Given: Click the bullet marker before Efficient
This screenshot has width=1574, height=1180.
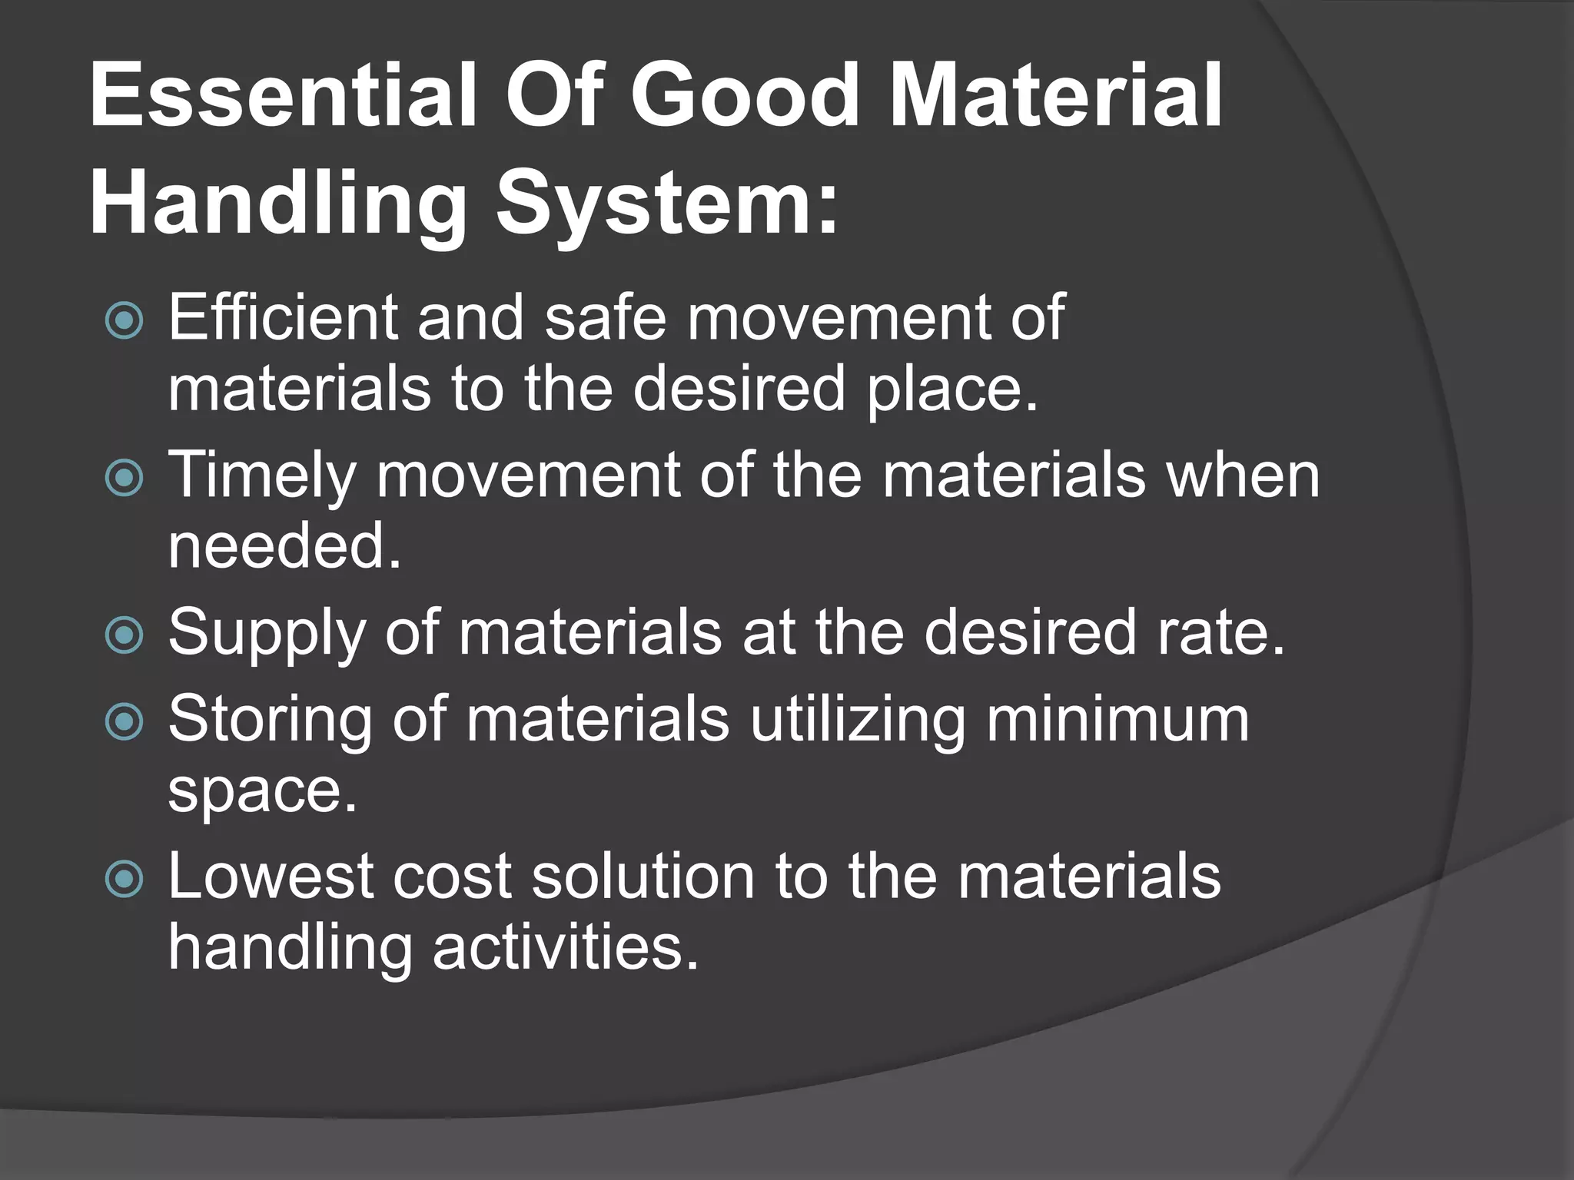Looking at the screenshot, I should (x=124, y=320).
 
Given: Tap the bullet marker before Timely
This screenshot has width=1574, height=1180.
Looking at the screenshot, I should (x=124, y=478).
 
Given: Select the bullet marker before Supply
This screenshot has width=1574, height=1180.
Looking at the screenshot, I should (x=124, y=635).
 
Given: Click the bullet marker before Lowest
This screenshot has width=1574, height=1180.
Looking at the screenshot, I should (x=124, y=878).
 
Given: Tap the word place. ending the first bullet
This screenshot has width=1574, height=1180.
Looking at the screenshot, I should (x=952, y=389).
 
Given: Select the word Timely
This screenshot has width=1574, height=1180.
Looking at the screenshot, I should (x=261, y=476).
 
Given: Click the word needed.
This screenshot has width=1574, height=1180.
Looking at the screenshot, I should (x=284, y=545).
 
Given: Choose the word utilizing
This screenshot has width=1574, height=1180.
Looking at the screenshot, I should (x=856, y=719).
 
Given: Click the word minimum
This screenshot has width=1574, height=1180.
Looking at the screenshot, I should (x=1117, y=719).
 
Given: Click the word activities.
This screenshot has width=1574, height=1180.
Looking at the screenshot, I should (x=565, y=946).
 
